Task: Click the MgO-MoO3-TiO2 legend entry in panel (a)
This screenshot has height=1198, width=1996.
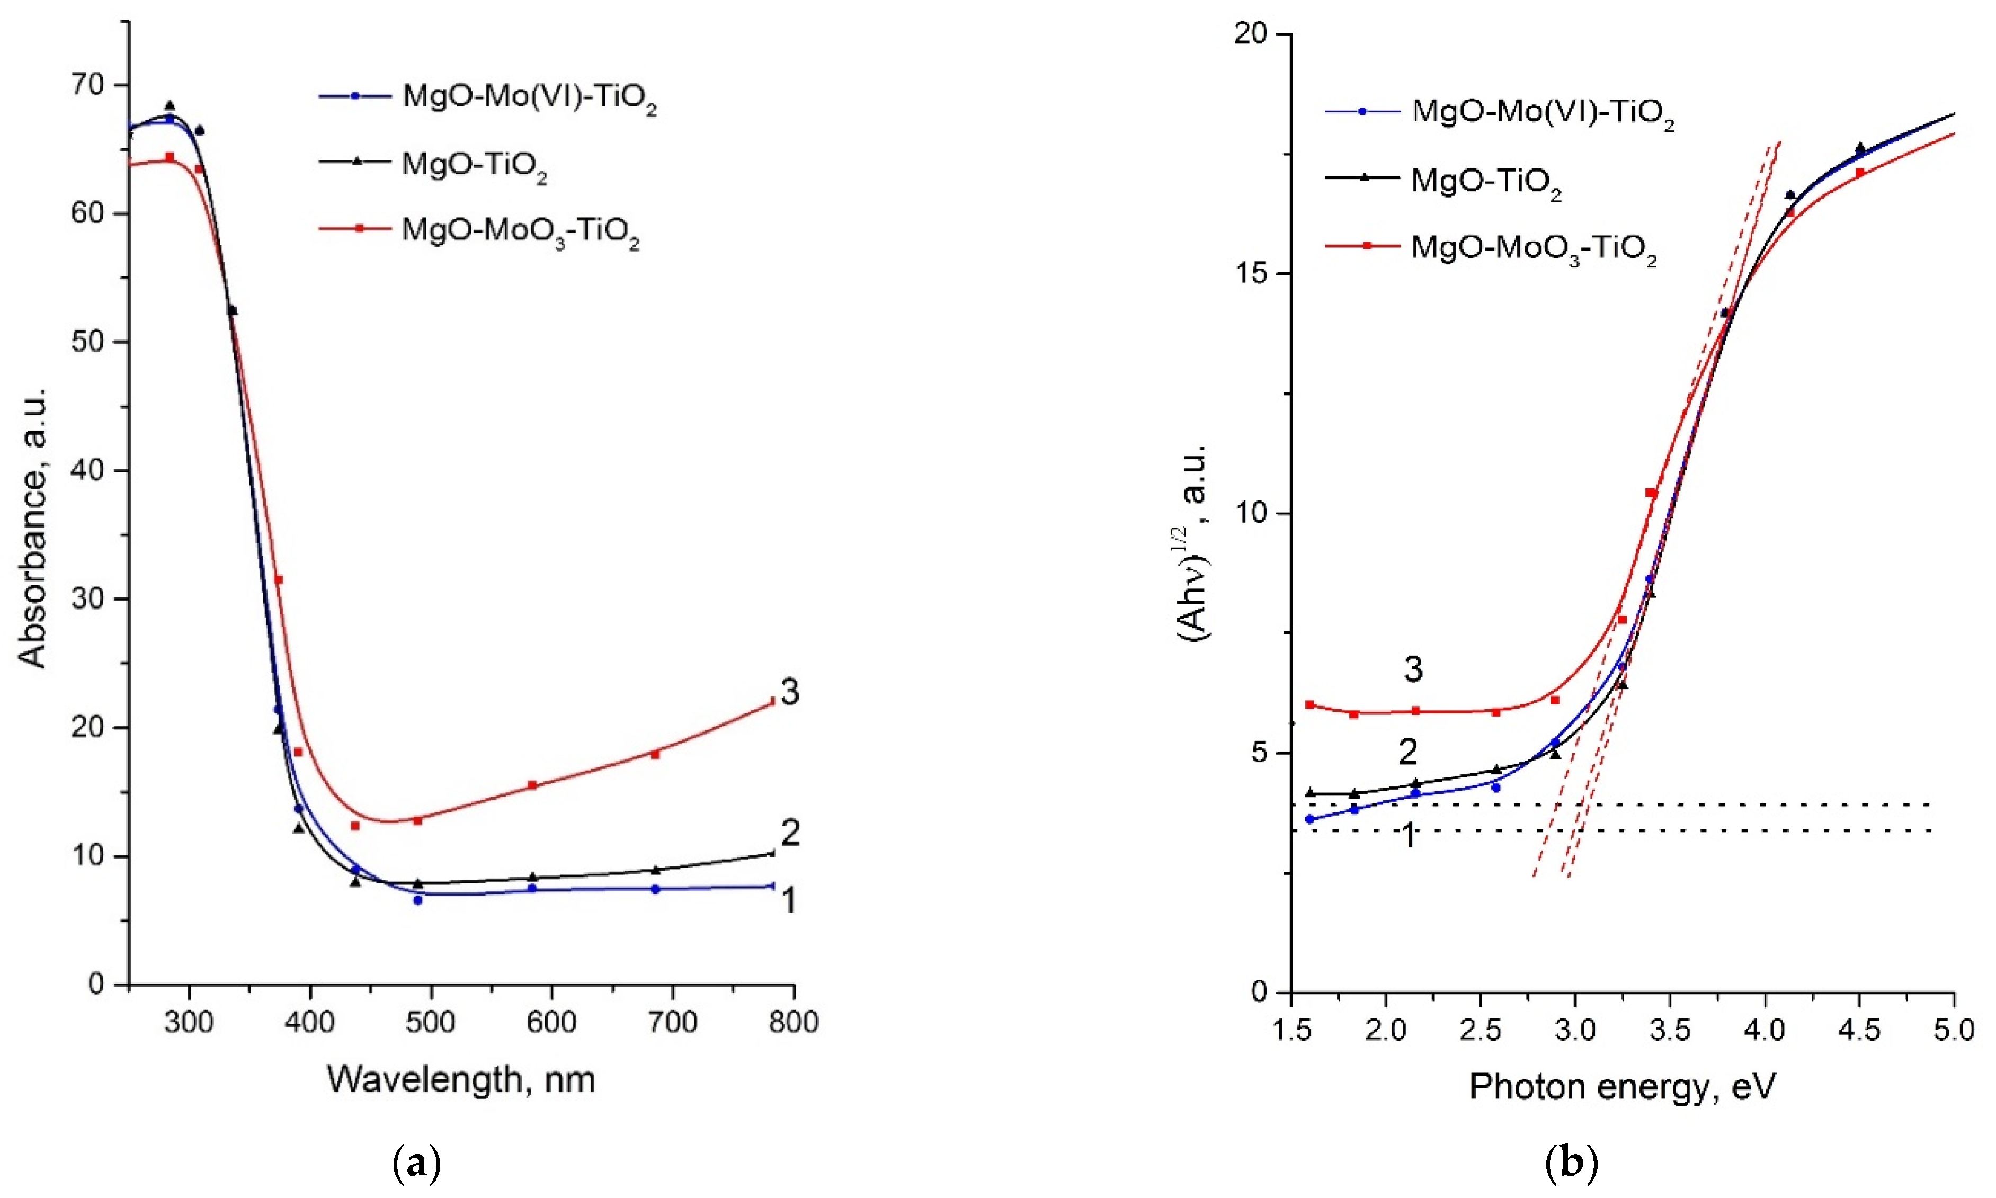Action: [520, 231]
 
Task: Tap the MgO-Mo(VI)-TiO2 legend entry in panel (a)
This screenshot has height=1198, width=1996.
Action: [529, 97]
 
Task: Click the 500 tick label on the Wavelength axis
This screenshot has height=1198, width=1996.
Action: [430, 1023]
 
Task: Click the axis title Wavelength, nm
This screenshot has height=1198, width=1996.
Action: [461, 1079]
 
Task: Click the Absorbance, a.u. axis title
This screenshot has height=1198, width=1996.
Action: [33, 529]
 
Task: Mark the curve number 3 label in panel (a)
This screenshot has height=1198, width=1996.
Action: [790, 692]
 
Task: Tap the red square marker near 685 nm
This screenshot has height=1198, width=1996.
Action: [655, 755]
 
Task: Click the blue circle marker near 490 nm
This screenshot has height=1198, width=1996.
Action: [417, 899]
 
